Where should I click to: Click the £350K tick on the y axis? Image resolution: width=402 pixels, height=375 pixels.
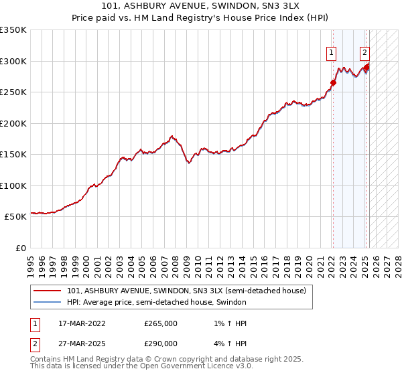13,30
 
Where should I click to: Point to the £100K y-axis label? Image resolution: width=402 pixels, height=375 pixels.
13,185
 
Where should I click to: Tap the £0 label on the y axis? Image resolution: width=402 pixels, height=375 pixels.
20,248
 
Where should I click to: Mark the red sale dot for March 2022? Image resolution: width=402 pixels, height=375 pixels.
333,83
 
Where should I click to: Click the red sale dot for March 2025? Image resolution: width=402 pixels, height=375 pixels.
366,68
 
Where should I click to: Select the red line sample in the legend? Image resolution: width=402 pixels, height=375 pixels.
47,291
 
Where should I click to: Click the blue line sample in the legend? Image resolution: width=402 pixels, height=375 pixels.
47,302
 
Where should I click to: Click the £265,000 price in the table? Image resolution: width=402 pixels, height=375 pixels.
161,323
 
